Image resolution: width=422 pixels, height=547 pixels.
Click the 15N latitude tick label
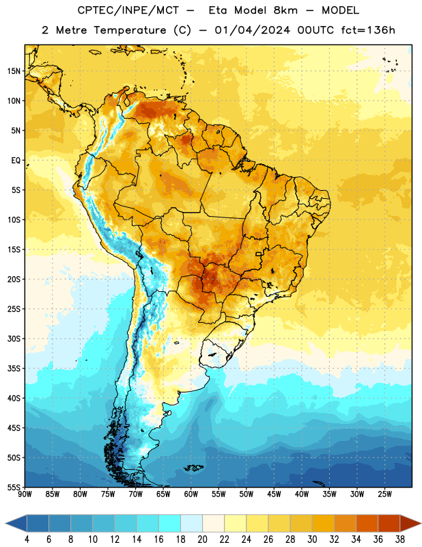pos(14,71)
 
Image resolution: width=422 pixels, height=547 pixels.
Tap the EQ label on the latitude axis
pos(16,161)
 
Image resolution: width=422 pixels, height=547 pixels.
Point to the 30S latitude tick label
pos(14,338)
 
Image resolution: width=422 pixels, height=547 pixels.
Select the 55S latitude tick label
pos(14,487)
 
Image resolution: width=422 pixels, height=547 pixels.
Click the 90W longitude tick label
pos(25,494)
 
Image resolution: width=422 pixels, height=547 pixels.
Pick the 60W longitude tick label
pos(191,494)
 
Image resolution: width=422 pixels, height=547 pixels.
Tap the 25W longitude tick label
pos(384,494)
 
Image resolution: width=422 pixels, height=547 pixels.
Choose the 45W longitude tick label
pos(274,494)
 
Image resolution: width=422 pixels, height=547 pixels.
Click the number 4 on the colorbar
pos(27,539)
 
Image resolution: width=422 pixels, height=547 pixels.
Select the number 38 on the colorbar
pos(400,539)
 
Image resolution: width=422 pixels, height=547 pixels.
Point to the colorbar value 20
pos(202,539)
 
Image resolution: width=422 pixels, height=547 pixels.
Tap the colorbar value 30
pos(312,539)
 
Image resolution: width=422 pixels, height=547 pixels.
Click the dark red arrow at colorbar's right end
pos(410,523)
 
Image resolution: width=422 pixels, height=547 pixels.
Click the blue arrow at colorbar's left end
pos(16,523)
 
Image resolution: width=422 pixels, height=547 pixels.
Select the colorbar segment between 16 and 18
pos(170,523)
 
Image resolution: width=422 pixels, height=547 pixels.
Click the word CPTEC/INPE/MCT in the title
pos(128,10)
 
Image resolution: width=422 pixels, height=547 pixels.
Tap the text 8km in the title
pos(285,10)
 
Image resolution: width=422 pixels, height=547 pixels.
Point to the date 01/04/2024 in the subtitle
pos(252,30)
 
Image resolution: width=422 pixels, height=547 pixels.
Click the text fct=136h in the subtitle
pos(368,30)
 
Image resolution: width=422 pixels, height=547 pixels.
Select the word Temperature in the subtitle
pos(130,31)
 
